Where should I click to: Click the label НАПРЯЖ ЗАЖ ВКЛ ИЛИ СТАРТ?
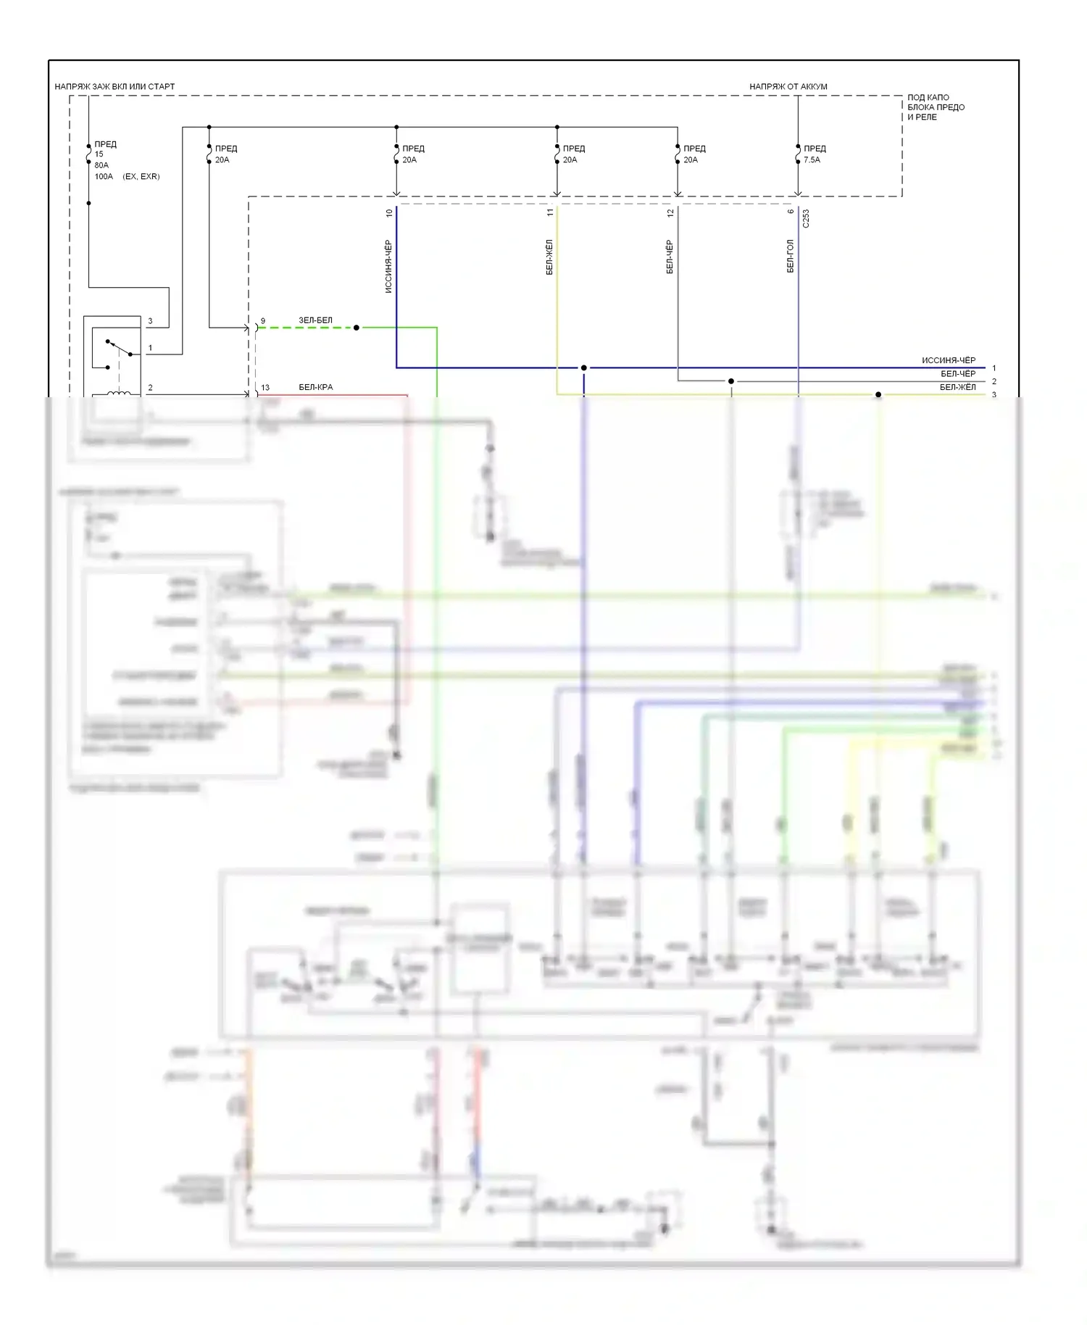pyautogui.click(x=114, y=86)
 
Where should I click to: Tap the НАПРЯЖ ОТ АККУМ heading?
pyautogui.click(x=788, y=86)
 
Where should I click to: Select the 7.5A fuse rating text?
pyautogui.click(x=812, y=159)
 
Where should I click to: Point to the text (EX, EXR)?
pyautogui.click(x=141, y=176)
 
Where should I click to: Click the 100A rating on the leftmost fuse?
pyautogui.click(x=104, y=176)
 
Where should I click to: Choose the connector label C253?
pyautogui.click(x=806, y=219)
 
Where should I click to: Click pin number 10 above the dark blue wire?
pyautogui.click(x=389, y=213)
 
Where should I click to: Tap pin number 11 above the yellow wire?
pyautogui.click(x=550, y=212)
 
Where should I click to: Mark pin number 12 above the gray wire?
pyautogui.click(x=670, y=212)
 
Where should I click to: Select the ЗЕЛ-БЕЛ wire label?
pyautogui.click(x=315, y=320)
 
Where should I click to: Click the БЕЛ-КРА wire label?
pyautogui.click(x=316, y=387)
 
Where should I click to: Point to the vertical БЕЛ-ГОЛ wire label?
pyautogui.click(x=791, y=256)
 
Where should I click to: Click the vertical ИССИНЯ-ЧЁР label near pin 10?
pyautogui.click(x=389, y=266)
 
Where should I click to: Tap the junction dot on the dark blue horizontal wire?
pyautogui.click(x=583, y=368)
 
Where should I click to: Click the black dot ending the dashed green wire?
pyautogui.click(x=356, y=328)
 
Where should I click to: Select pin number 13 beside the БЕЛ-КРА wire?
pyautogui.click(x=265, y=387)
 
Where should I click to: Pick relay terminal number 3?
pyautogui.click(x=150, y=320)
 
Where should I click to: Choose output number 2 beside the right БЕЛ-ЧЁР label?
pyautogui.click(x=994, y=381)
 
